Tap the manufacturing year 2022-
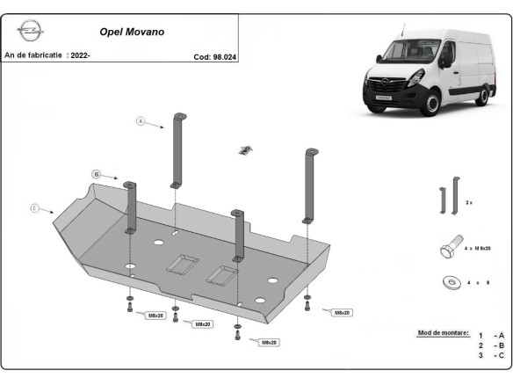pyautogui.click(x=79, y=55)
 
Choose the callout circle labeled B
pyautogui.click(x=97, y=174)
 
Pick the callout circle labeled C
pyautogui.click(x=34, y=208)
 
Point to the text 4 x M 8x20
pyautogui.click(x=478, y=251)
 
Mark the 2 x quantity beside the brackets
pyautogui.click(x=469, y=202)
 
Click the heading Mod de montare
pyautogui.click(x=444, y=334)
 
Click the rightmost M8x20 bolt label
pyautogui.click(x=337, y=312)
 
